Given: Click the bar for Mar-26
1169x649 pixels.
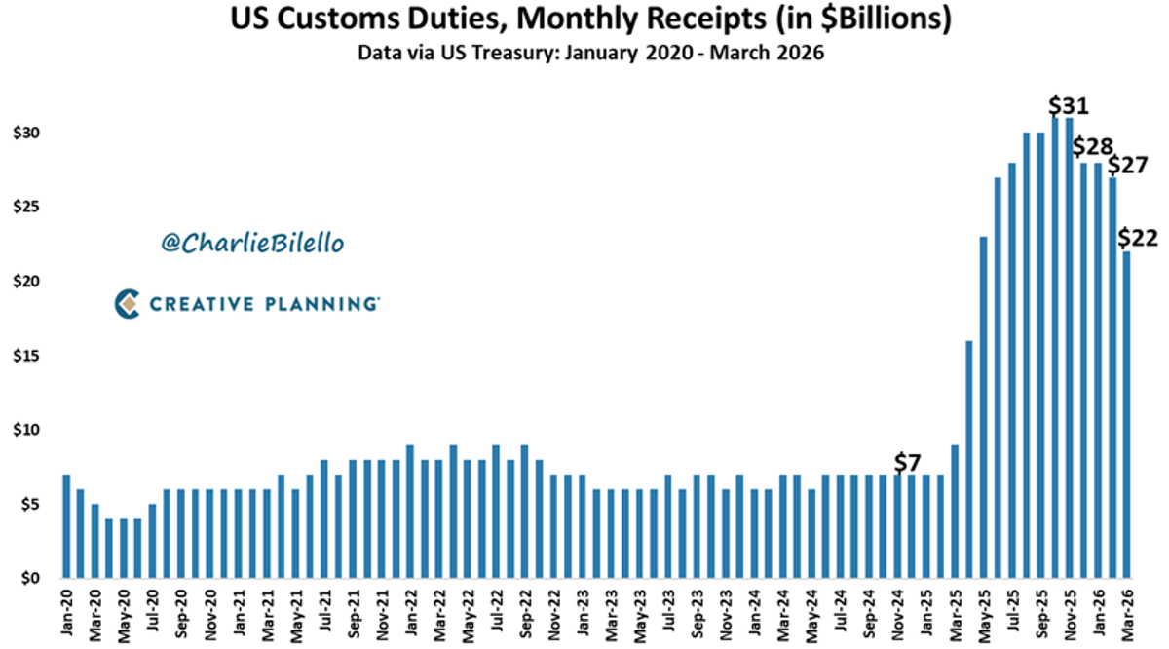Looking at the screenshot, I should (x=1127, y=414).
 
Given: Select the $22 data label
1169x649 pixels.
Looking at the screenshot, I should (x=1138, y=237).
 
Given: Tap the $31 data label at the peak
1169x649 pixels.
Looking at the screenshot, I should (x=1069, y=105).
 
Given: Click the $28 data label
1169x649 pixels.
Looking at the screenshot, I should (x=1093, y=147).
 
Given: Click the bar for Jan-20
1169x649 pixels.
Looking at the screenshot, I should (x=66, y=526).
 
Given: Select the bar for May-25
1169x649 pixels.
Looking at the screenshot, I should (x=984, y=407).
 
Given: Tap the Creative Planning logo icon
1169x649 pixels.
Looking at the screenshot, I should (x=128, y=304).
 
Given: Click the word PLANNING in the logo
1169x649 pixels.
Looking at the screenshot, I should (x=321, y=305).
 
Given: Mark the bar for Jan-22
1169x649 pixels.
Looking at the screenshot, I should (x=409, y=512).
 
